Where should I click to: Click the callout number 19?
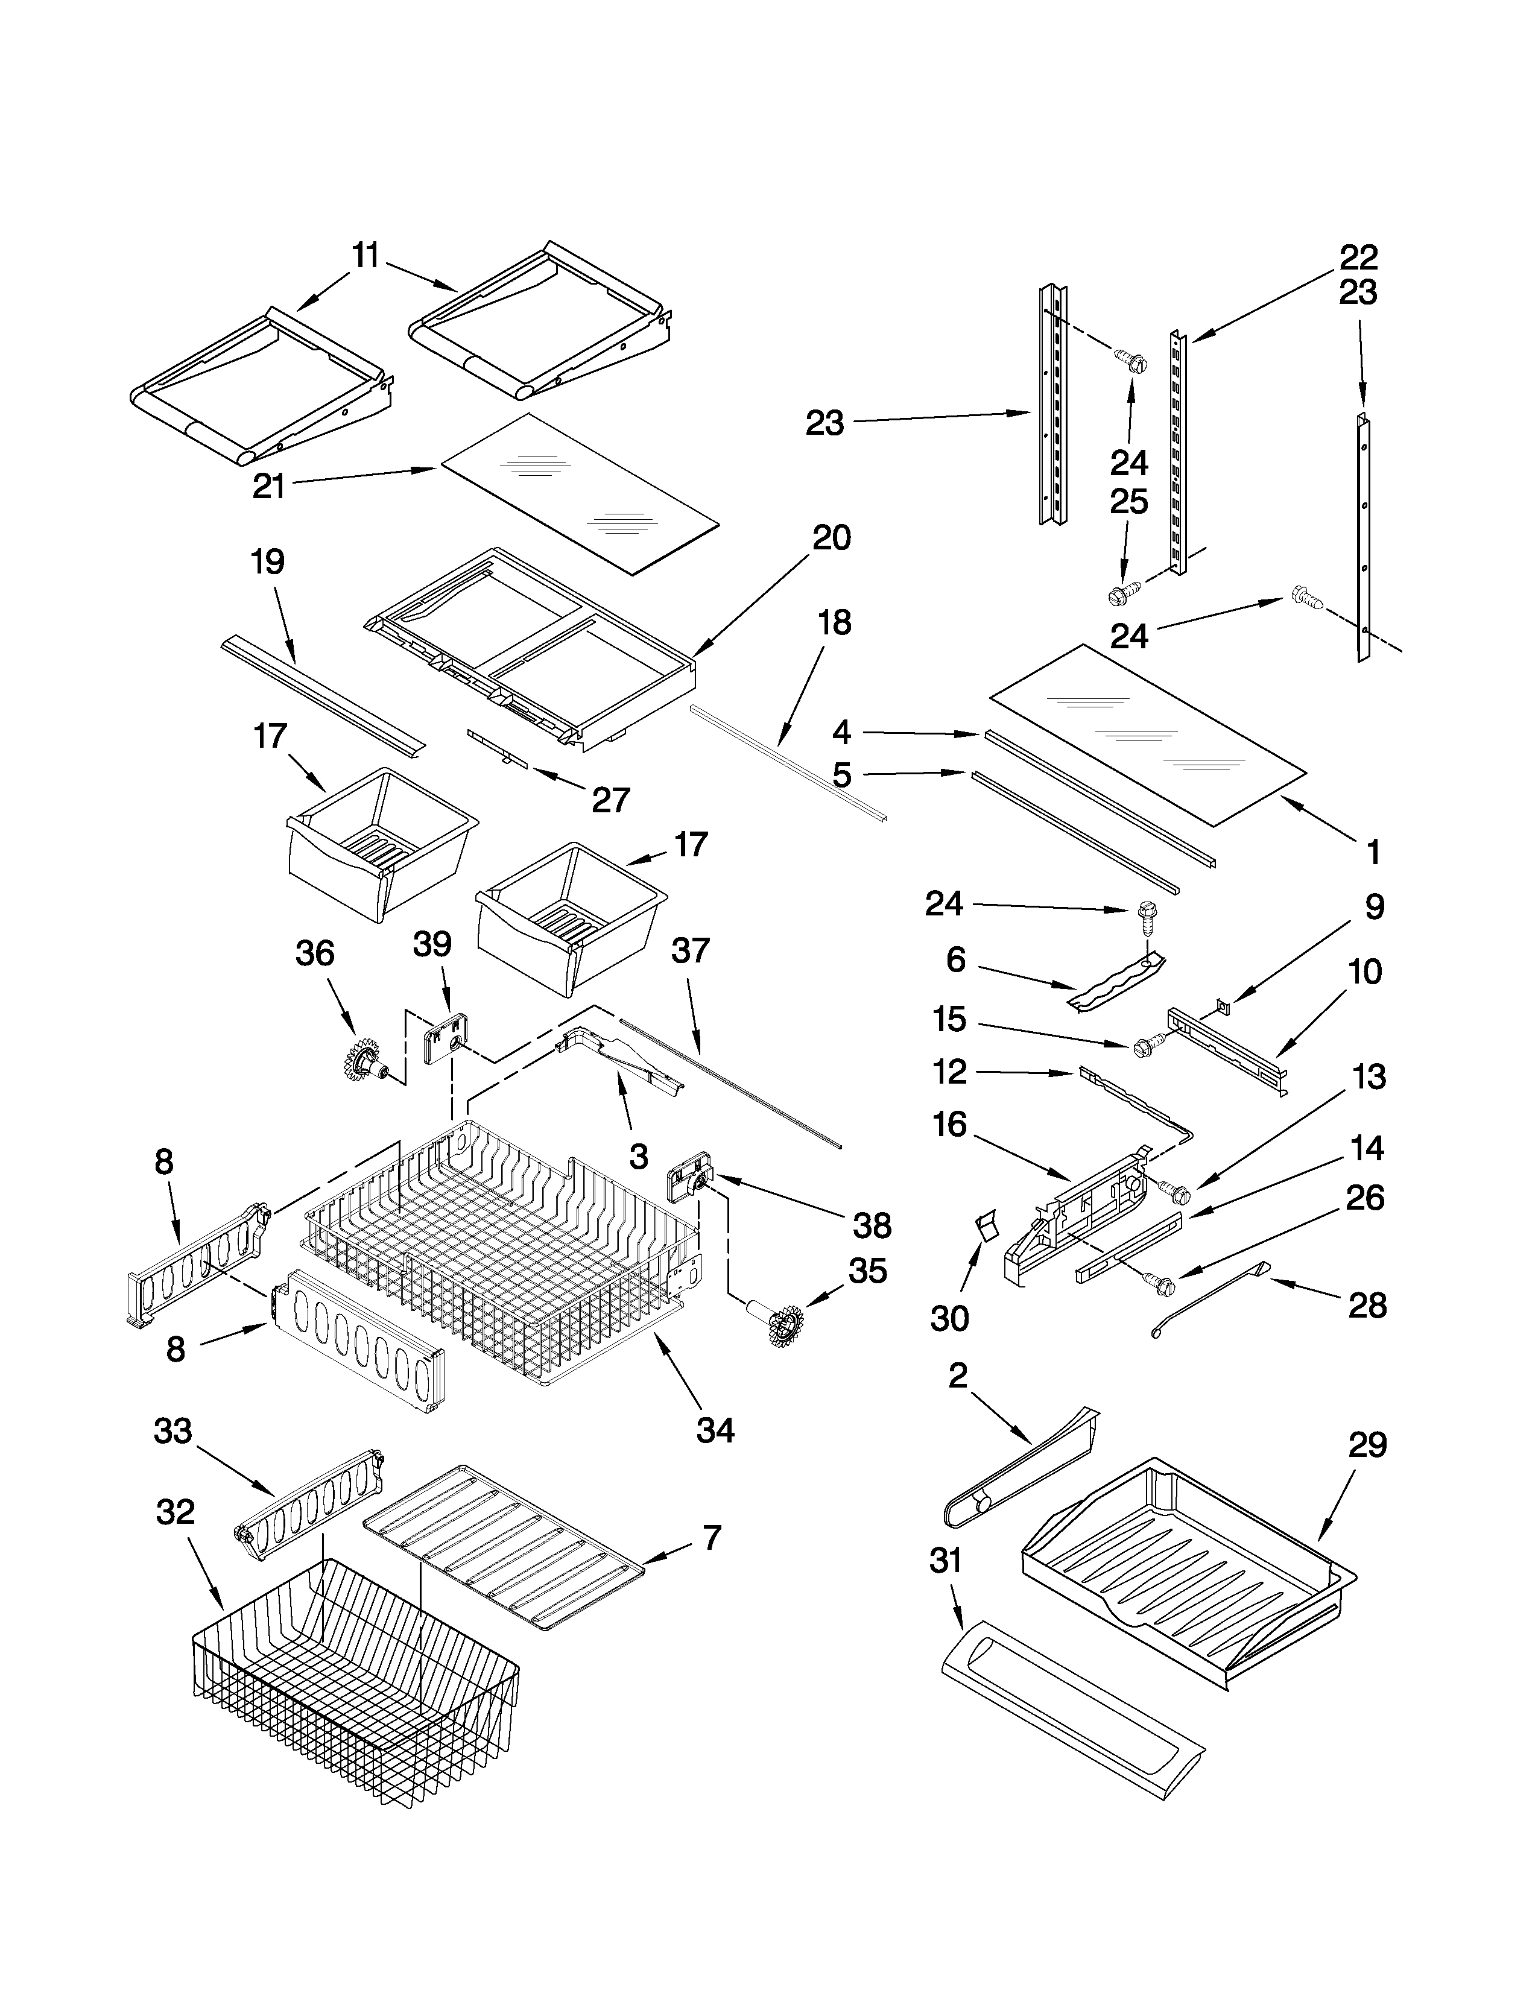point(267,562)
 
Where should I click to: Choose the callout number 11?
point(366,256)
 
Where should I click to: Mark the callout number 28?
point(1367,1306)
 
